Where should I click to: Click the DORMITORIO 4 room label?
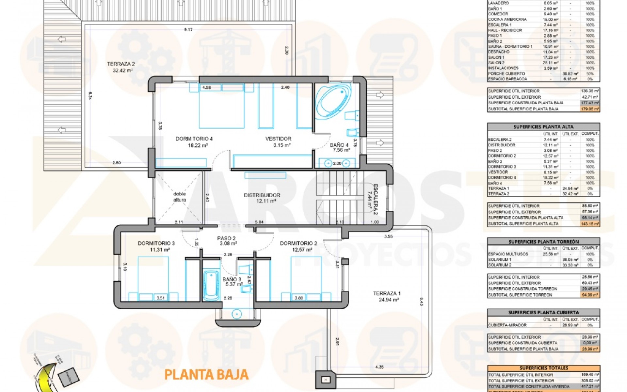(194, 139)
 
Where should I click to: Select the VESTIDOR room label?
(278, 139)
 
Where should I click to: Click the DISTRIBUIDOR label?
(262, 195)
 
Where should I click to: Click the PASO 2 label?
(226, 238)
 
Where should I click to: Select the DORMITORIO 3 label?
(156, 243)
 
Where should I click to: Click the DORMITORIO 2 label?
(298, 243)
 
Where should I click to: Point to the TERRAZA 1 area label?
(387, 293)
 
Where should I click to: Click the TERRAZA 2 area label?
(121, 64)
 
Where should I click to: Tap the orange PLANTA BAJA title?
(206, 375)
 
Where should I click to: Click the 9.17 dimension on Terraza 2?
(188, 30)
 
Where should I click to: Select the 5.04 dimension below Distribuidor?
(259, 222)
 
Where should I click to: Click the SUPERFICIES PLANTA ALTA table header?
(543, 127)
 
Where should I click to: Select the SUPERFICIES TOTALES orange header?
(543, 368)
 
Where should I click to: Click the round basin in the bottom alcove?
(237, 314)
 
